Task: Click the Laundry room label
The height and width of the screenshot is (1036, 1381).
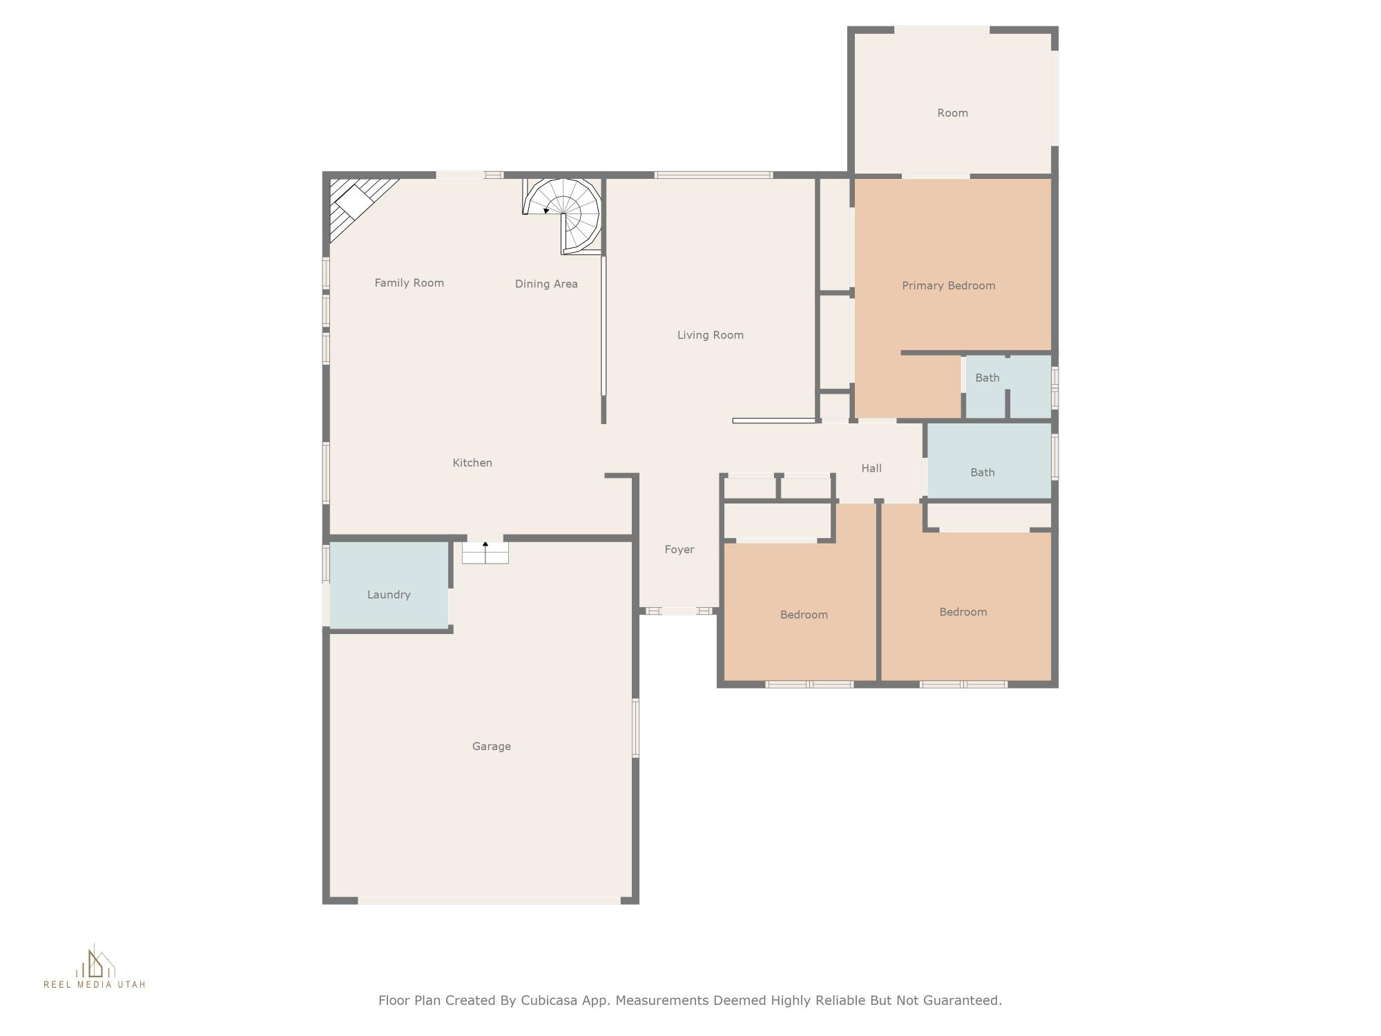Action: [x=389, y=595]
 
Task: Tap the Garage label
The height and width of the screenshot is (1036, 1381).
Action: [x=491, y=746]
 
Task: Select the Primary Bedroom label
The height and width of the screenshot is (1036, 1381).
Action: [x=948, y=285]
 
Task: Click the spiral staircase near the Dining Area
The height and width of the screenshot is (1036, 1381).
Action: [x=564, y=213]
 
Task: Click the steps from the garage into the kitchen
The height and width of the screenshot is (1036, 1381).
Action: [x=485, y=553]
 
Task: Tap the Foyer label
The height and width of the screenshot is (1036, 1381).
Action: [x=679, y=549]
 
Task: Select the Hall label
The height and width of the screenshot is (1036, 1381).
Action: [x=871, y=468]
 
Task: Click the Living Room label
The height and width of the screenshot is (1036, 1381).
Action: [x=710, y=335]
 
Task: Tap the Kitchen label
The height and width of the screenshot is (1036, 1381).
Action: [x=472, y=463]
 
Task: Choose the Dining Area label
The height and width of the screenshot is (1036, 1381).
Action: [x=546, y=284]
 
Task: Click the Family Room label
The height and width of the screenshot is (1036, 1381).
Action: [x=409, y=282]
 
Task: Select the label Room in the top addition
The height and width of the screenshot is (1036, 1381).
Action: [x=952, y=113]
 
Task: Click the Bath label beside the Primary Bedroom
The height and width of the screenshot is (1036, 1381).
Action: [x=987, y=378]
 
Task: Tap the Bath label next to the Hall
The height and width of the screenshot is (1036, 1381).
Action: [x=982, y=472]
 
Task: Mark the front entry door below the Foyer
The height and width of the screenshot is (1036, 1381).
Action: [x=679, y=611]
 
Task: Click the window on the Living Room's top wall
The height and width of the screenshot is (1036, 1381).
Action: [x=713, y=175]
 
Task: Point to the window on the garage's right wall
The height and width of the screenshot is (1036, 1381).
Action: [x=636, y=727]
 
